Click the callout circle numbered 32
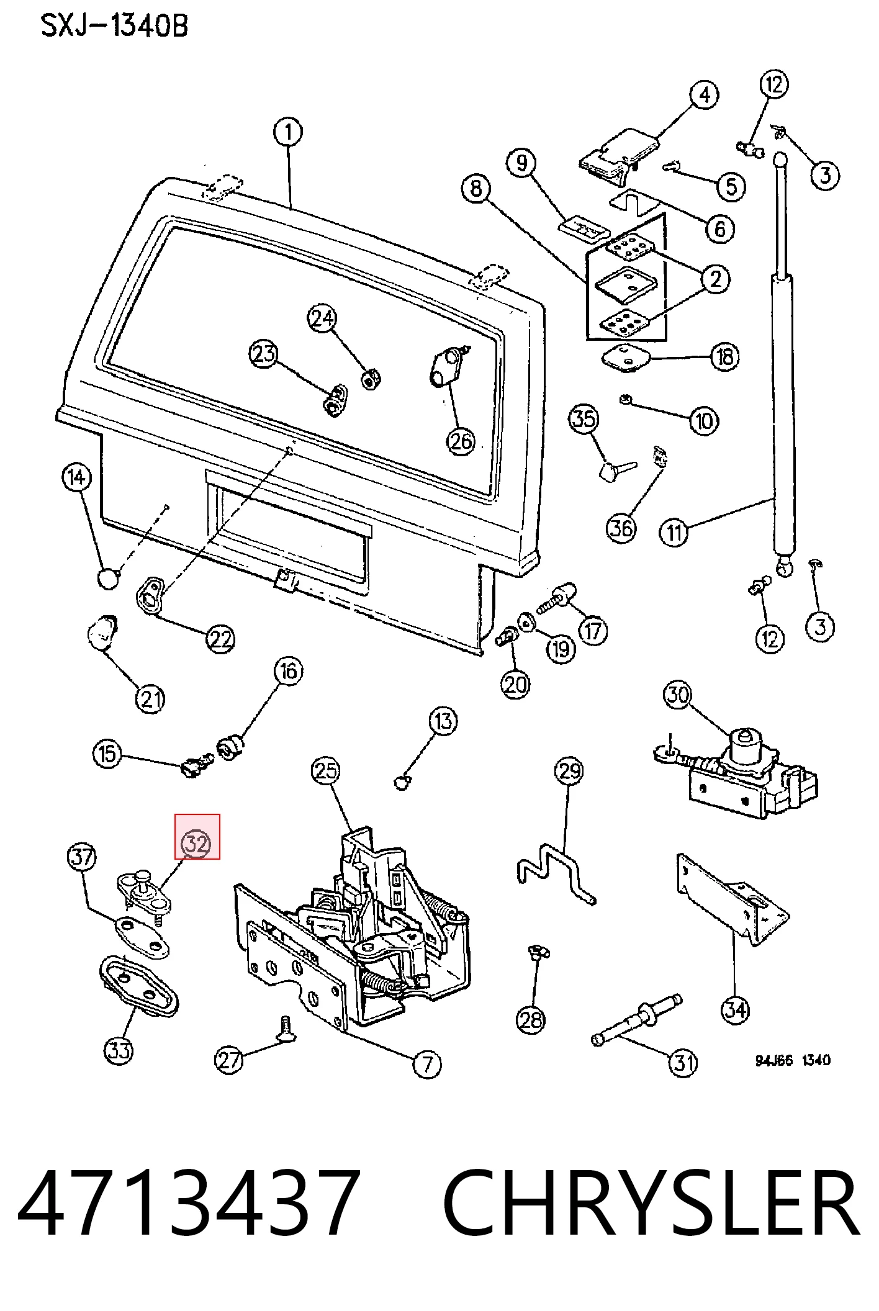pyautogui.click(x=196, y=844)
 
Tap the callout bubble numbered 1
pyautogui.click(x=288, y=132)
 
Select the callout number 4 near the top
pyautogui.click(x=705, y=95)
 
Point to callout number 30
pyautogui.click(x=678, y=694)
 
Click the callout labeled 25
pyautogui.click(x=326, y=771)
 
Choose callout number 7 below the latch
pyautogui.click(x=427, y=1064)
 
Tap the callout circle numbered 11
pyautogui.click(x=674, y=532)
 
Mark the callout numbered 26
pyautogui.click(x=461, y=441)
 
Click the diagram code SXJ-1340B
pyautogui.click(x=114, y=26)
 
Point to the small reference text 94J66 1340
pyautogui.click(x=793, y=1060)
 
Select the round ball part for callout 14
pyautogui.click(x=108, y=579)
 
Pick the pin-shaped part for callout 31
pyautogui.click(x=637, y=1019)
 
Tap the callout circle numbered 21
pyautogui.click(x=150, y=699)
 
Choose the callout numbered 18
pyautogui.click(x=725, y=357)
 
